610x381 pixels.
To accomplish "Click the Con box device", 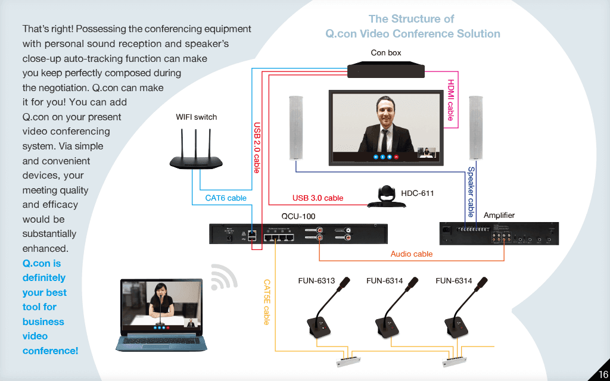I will click(x=386, y=69).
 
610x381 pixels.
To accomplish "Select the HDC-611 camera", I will click(x=386, y=197).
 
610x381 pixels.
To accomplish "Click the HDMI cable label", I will click(x=451, y=100).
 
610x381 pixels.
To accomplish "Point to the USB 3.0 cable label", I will click(x=318, y=198).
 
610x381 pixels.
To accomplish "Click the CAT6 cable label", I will click(x=226, y=198).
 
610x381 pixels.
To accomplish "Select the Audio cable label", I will click(x=412, y=254).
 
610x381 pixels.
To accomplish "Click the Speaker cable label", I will click(x=471, y=192).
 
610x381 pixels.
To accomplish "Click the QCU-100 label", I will click(x=298, y=216).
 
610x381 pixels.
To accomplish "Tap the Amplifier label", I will click(x=499, y=215).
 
